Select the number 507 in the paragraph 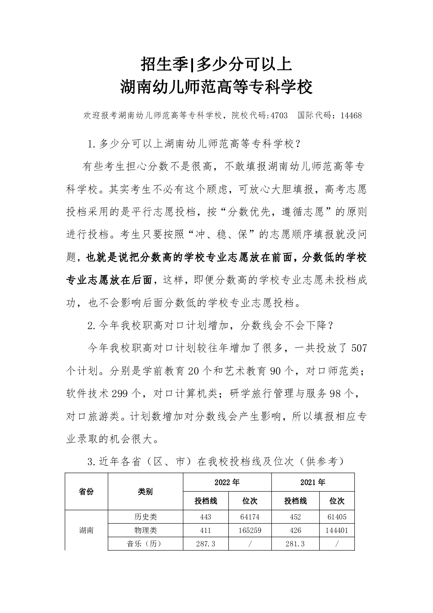(359, 348)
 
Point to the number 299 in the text (117, 394)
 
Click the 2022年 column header (227, 482)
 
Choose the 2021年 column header (313, 482)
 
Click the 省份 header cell (86, 491)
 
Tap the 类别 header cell (145, 491)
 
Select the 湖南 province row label (86, 530)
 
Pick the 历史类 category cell (145, 517)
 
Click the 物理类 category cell (145, 530)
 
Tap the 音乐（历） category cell (145, 544)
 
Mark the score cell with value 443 (205, 517)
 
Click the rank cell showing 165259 (250, 530)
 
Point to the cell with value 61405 (337, 517)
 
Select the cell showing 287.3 (205, 544)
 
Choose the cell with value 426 (295, 530)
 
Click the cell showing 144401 (337, 530)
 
